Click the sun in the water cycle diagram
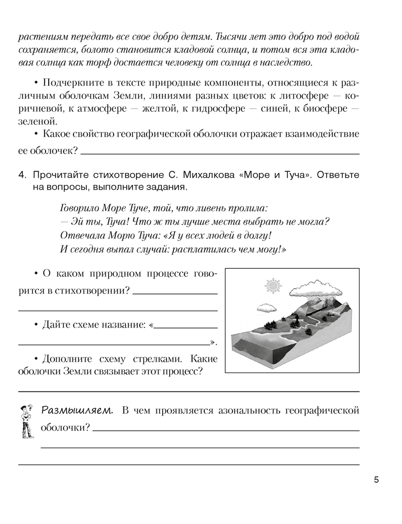[x=272, y=286]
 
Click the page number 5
[x=376, y=479]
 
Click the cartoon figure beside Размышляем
[x=24, y=421]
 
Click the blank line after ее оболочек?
[x=220, y=152]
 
